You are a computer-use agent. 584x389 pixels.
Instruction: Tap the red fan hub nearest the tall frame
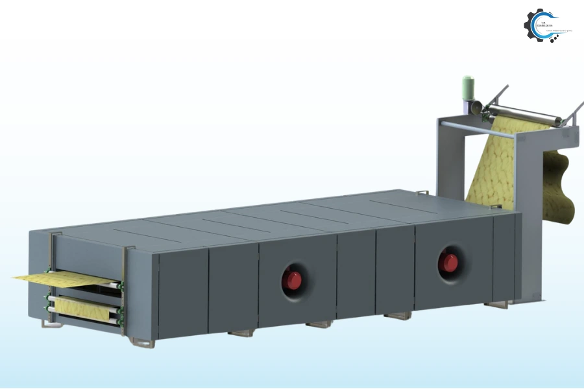(x=447, y=261)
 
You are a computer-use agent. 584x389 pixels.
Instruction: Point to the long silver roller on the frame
(x=526, y=115)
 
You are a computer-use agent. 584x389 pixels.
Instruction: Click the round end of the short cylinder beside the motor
(x=477, y=108)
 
